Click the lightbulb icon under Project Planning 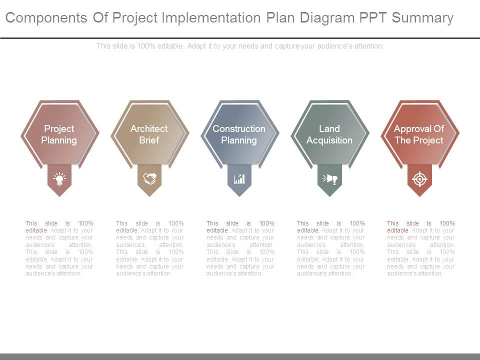click(59, 179)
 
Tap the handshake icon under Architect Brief click(149, 178)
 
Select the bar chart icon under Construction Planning click(239, 179)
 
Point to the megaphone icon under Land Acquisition click(329, 179)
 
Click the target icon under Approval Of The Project click(419, 179)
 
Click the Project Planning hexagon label click(59, 134)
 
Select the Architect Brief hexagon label click(149, 134)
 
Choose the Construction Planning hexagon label click(239, 134)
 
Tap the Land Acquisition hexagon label click(329, 134)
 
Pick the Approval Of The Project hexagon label click(419, 134)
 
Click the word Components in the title click(46, 18)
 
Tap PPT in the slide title click(373, 17)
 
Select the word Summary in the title click(422, 18)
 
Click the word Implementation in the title click(211, 18)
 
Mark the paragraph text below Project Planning click(59, 248)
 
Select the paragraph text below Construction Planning click(240, 248)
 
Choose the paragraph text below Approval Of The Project click(421, 248)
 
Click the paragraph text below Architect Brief click(149, 248)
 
